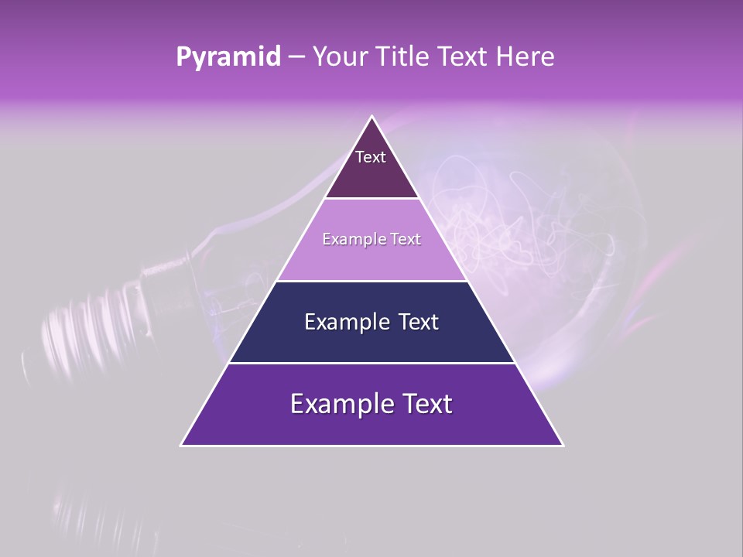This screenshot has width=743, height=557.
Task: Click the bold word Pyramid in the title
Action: (228, 57)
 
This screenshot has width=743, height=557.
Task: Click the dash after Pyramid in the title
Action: (296, 57)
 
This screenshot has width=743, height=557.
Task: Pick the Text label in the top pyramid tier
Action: (371, 157)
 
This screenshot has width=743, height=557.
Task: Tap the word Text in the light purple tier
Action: (405, 239)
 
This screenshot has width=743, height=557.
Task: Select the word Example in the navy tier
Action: (346, 322)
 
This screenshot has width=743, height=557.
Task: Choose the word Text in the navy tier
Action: (418, 322)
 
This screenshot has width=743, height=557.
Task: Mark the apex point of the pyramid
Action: (372, 117)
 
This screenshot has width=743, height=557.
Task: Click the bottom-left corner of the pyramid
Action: (182, 445)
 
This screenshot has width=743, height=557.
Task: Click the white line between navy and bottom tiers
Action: (372, 363)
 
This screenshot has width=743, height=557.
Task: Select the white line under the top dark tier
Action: (372, 199)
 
